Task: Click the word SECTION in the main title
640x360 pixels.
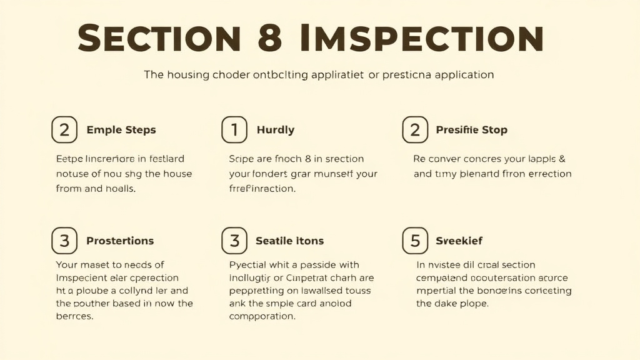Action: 159,38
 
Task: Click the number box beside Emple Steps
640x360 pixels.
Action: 64,130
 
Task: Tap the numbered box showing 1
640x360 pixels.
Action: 235,130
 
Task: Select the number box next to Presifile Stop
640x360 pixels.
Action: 414,130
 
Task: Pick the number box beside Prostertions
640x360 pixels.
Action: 64,241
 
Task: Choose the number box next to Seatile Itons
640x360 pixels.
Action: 235,241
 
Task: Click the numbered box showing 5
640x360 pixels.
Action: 415,241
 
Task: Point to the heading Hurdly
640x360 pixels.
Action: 275,130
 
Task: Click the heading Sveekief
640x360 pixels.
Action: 459,241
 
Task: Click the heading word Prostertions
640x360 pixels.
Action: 120,241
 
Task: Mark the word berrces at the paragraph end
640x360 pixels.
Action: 74,317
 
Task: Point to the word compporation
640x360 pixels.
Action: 262,317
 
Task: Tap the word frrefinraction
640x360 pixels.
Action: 262,189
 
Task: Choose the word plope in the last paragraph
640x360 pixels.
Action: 473,304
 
